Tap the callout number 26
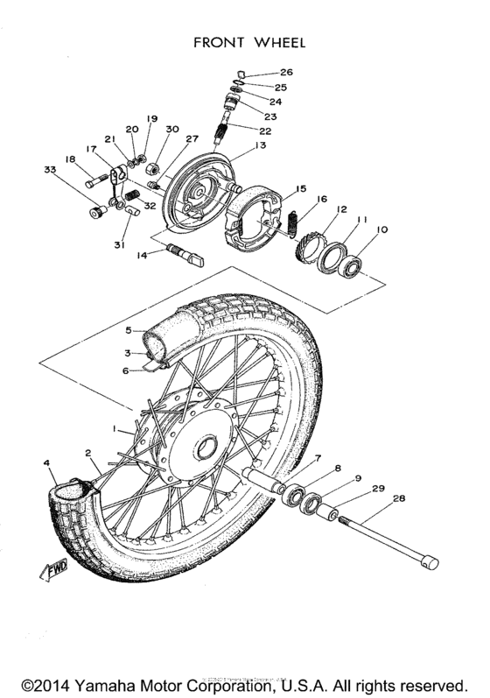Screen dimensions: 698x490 pyautogui.click(x=287, y=72)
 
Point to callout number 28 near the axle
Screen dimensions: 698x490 pyautogui.click(x=400, y=498)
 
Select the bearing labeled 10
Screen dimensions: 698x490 pyautogui.click(x=354, y=266)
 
